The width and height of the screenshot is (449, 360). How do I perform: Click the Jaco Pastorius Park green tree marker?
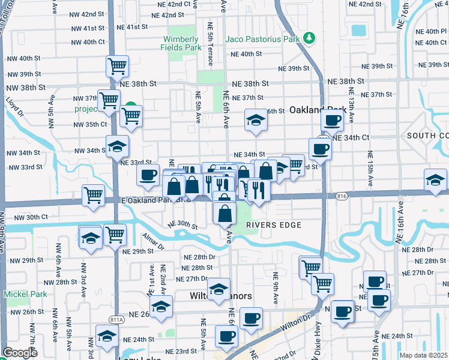click(309, 38)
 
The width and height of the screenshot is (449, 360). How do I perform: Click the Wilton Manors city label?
click(220, 297)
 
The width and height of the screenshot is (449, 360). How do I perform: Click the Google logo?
click(20, 353)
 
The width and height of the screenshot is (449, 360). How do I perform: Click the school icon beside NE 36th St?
click(256, 121)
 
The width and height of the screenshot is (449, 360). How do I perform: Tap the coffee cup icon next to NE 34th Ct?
click(320, 148)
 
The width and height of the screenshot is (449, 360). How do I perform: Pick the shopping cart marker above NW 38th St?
click(117, 65)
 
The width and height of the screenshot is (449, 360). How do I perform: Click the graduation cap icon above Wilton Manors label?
click(219, 287)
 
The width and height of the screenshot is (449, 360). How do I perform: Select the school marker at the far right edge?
click(435, 179)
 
